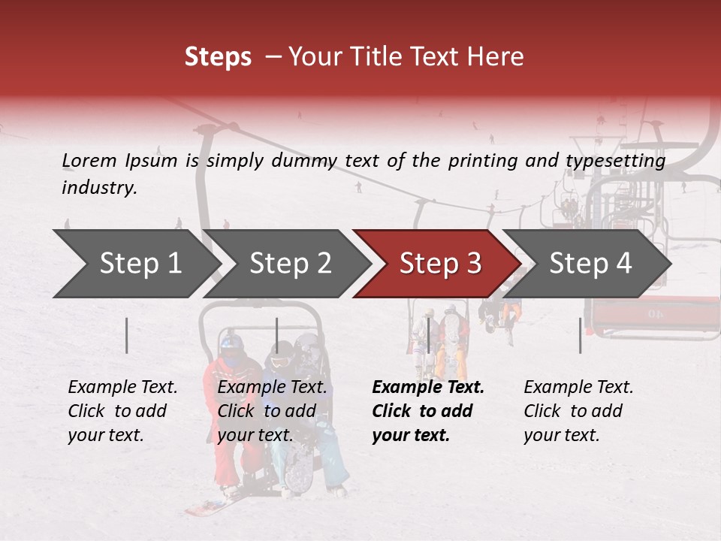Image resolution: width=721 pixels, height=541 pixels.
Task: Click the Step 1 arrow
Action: pyautogui.click(x=135, y=264)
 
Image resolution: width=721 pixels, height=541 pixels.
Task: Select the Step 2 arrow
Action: pyautogui.click(x=289, y=264)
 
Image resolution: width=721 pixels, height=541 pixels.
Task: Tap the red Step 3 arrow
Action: pyautogui.click(x=439, y=264)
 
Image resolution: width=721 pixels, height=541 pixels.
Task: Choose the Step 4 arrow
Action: pyautogui.click(x=590, y=264)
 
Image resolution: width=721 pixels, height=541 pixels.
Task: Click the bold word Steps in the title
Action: pyautogui.click(x=218, y=57)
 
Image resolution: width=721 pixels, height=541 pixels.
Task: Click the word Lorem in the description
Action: pyautogui.click(x=89, y=160)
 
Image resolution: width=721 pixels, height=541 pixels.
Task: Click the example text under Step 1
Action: pyautogui.click(x=122, y=411)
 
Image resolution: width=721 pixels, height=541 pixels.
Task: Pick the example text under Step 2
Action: pyautogui.click(x=272, y=411)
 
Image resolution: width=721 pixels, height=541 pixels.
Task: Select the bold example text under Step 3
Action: pyautogui.click(x=428, y=411)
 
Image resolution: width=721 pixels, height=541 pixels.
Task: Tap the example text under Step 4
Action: pyautogui.click(x=578, y=411)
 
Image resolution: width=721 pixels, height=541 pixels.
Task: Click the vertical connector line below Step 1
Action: pyautogui.click(x=127, y=335)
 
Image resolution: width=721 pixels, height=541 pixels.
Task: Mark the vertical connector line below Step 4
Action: pyautogui.click(x=581, y=335)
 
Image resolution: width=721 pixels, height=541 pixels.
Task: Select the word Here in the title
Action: pyautogui.click(x=499, y=57)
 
